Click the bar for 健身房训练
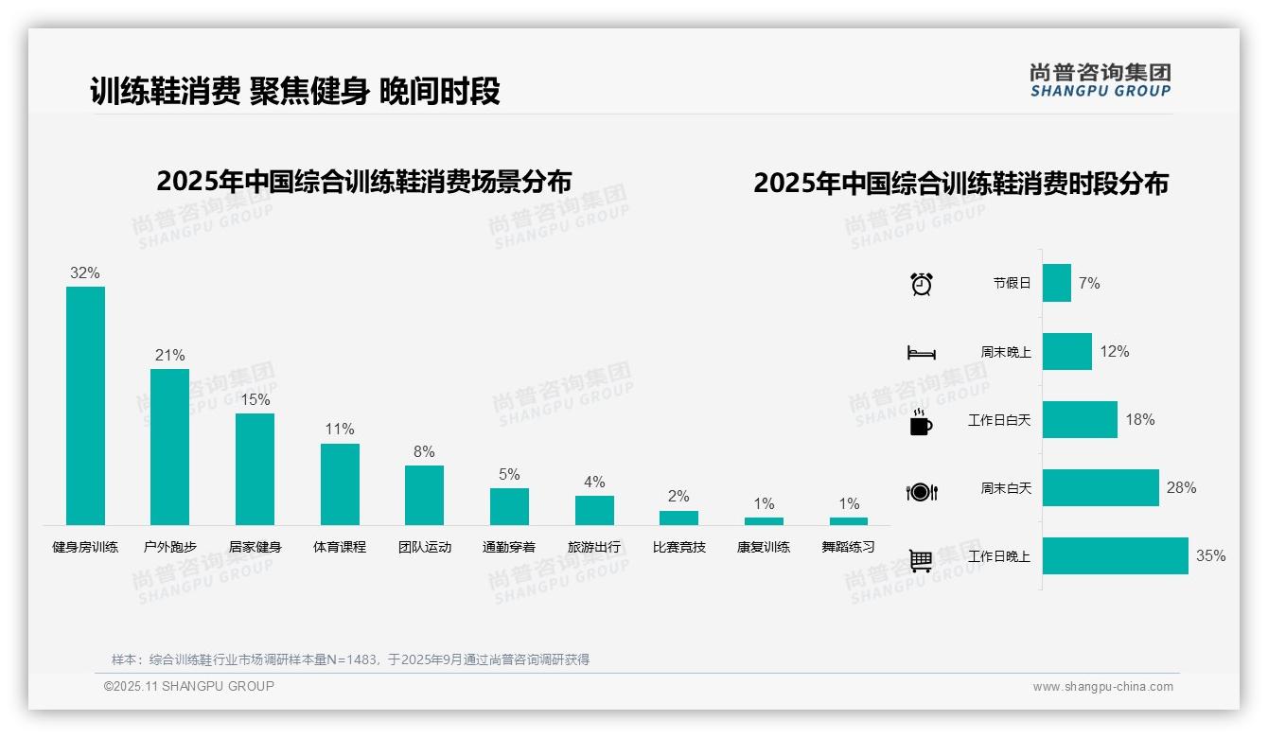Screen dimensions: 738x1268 pos(85,406)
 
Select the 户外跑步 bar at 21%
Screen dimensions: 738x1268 pos(169,447)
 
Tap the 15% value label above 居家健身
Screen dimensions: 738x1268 pos(255,400)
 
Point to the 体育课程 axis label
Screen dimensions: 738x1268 pos(340,547)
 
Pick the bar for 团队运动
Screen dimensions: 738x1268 pos(424,495)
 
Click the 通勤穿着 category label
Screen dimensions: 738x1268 pos(509,547)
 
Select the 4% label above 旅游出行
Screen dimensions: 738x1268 pos(594,483)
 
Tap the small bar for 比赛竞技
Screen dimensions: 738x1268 pos(678,518)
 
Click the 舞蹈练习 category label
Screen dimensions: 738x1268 pos(848,547)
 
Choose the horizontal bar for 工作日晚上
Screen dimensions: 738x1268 pos(1115,556)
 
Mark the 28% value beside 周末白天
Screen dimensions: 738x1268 pos(1181,488)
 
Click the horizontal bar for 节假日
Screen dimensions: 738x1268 pos(1057,283)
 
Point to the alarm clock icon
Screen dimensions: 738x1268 pos(922,284)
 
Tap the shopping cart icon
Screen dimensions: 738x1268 pos(921,560)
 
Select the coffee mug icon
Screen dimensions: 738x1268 pos(921,423)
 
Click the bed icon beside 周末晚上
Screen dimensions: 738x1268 pos(921,353)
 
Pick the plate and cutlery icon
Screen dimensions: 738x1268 pos(922,492)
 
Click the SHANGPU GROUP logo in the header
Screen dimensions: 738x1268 pos(1100,80)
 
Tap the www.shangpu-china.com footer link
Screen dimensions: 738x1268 pos(1102,687)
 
